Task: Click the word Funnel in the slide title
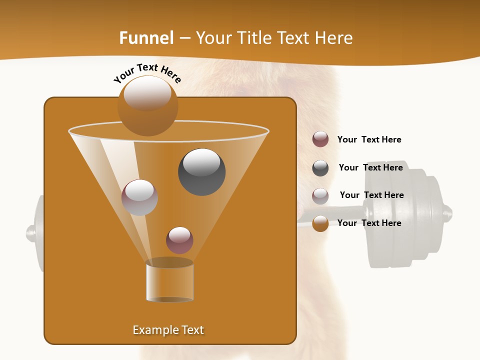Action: coord(146,38)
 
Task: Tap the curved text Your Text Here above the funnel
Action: coord(147,73)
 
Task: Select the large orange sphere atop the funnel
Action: coord(147,106)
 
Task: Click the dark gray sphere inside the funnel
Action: coord(201,171)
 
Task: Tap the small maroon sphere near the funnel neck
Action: coord(179,240)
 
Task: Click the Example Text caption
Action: coord(168,330)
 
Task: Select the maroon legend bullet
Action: coord(320,139)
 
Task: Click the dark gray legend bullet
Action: coord(320,168)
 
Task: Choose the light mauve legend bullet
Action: coord(320,195)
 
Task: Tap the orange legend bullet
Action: coord(320,223)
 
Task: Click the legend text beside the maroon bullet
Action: coord(369,139)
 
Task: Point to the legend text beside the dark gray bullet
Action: coord(370,167)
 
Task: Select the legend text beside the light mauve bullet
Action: coord(371,195)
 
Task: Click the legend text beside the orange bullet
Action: coord(369,223)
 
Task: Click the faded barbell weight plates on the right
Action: coord(410,215)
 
